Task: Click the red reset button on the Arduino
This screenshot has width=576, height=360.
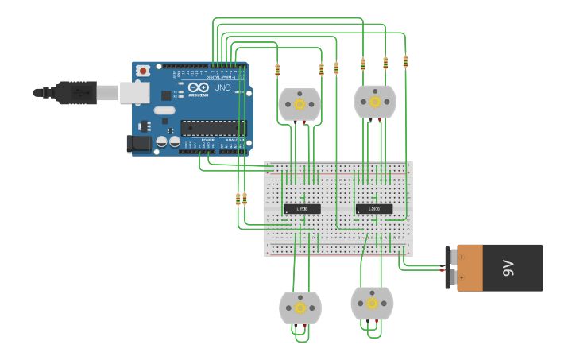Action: (x=143, y=71)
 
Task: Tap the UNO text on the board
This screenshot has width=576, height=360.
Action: (x=222, y=87)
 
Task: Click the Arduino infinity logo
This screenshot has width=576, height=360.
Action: (x=199, y=87)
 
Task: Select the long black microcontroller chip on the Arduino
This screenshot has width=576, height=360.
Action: (x=213, y=127)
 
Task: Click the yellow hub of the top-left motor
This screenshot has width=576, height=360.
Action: (x=300, y=104)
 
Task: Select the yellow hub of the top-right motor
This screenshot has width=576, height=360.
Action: (x=375, y=102)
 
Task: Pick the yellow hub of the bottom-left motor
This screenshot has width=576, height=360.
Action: (x=300, y=308)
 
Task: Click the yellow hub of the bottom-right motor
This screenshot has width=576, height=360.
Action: (x=372, y=303)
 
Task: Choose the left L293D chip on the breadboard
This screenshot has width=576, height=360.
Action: (x=302, y=209)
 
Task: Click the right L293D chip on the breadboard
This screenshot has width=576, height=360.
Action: (x=374, y=209)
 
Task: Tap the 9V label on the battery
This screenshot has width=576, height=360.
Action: (x=509, y=268)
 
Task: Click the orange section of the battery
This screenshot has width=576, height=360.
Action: (x=470, y=268)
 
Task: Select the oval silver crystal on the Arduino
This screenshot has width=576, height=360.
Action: (x=164, y=110)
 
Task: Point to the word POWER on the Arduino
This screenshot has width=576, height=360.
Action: (x=207, y=140)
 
